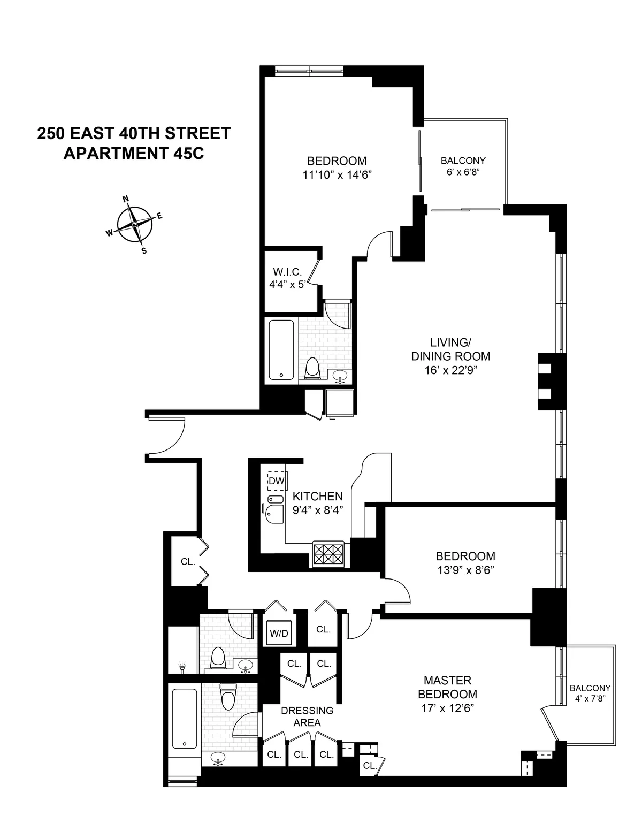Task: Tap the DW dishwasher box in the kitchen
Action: (x=276, y=481)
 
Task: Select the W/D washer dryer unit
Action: (x=279, y=634)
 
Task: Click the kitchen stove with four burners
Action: (x=328, y=555)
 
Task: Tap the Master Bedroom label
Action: (x=447, y=688)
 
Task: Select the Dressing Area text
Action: (x=307, y=716)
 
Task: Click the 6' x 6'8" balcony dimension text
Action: (x=463, y=172)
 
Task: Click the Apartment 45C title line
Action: (x=134, y=153)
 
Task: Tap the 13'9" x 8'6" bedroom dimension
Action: (x=465, y=570)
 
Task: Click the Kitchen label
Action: (x=317, y=496)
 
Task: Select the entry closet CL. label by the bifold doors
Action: (x=188, y=562)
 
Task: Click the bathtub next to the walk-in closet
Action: (x=281, y=350)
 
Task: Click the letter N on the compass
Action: (x=126, y=199)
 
